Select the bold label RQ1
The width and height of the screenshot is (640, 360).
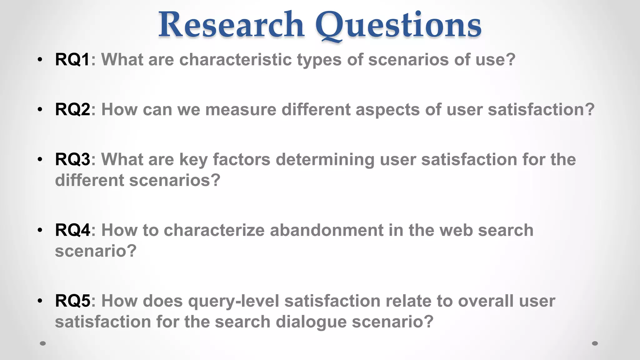click(72, 59)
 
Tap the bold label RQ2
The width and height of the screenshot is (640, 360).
click(72, 109)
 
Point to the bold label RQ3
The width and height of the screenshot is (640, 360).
click(72, 159)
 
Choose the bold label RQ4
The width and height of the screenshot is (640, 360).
click(72, 230)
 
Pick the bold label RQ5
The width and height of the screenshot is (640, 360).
click(72, 301)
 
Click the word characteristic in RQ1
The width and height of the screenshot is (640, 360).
click(235, 59)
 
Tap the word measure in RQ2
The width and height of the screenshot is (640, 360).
click(241, 109)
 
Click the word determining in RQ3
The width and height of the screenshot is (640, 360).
click(325, 160)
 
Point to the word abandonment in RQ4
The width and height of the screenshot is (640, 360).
click(327, 230)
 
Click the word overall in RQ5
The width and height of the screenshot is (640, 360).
click(486, 301)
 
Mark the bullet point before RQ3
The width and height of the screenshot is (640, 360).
click(40, 160)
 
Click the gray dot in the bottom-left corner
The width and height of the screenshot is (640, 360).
click(43, 343)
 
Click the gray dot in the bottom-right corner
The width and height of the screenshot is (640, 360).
click(595, 343)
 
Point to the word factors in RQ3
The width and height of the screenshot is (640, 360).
click(242, 159)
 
